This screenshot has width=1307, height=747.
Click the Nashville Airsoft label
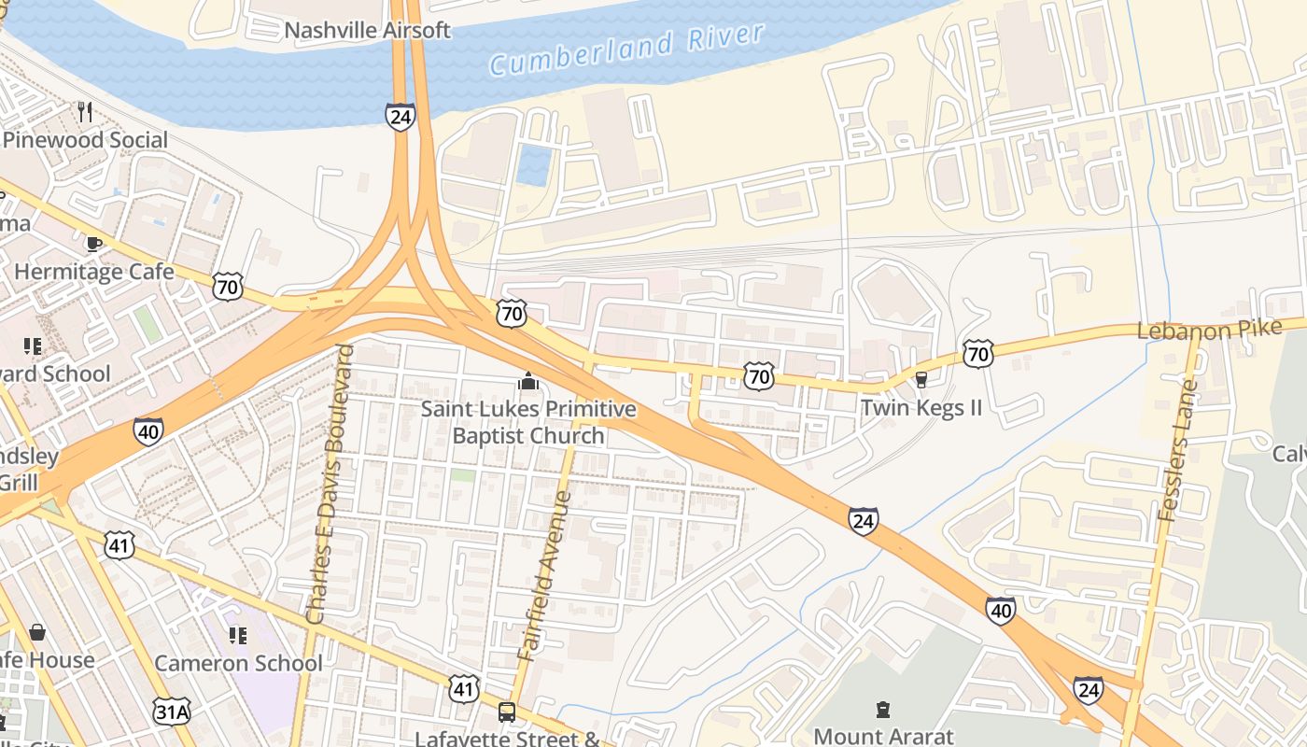click(x=367, y=30)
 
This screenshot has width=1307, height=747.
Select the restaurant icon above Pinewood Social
click(x=85, y=112)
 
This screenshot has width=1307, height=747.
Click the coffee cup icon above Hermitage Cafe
click(x=93, y=244)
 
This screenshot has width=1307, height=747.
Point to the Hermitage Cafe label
click(x=94, y=272)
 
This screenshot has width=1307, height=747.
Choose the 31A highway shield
click(x=172, y=712)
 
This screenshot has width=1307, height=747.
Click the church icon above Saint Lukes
click(x=527, y=381)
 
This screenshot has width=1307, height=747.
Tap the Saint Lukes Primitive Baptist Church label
click(x=528, y=422)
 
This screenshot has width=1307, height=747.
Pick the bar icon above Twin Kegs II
click(x=921, y=379)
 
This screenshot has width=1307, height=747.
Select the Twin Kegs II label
click(x=921, y=408)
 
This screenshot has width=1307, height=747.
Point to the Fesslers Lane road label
click(x=1176, y=450)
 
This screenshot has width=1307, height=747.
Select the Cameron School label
click(x=238, y=663)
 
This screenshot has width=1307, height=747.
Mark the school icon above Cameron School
click(x=237, y=636)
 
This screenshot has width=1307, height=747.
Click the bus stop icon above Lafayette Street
click(x=506, y=712)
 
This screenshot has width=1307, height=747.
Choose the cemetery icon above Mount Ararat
click(x=883, y=710)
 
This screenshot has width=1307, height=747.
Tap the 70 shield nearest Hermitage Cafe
click(x=228, y=286)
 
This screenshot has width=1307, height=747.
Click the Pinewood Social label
click(x=86, y=140)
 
